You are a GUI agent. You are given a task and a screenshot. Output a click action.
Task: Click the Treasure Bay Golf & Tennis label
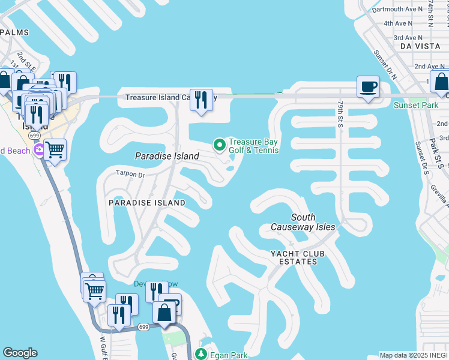tap(253, 146)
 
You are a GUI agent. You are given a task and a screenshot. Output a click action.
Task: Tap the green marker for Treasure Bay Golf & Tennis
tap(219, 144)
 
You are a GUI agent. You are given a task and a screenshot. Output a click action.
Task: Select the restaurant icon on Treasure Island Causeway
tap(202, 99)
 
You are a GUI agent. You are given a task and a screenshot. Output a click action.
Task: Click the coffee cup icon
tap(368, 87)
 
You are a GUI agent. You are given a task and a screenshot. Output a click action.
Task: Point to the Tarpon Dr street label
tap(130, 175)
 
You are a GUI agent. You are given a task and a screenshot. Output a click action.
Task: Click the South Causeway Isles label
tap(303, 222)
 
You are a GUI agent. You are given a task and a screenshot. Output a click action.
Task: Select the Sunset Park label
tap(415, 105)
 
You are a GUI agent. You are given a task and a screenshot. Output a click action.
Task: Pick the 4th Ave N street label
tap(399, 23)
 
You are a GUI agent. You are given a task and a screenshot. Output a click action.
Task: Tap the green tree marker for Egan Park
tap(202, 354)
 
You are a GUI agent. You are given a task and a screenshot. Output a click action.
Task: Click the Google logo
tap(20, 353)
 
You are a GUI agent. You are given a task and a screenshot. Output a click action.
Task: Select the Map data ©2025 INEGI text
tap(414, 355)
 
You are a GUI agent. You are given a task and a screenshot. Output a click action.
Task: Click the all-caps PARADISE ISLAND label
tap(146, 203)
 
